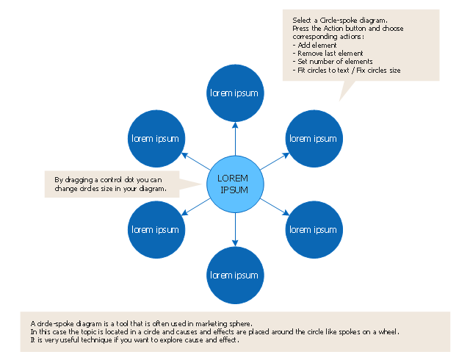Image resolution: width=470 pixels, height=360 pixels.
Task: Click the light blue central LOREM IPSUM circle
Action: click(x=234, y=184)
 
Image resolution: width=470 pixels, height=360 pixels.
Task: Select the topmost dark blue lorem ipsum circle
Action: click(x=234, y=93)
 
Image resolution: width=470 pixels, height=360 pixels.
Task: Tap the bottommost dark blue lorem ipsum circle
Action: click(x=234, y=276)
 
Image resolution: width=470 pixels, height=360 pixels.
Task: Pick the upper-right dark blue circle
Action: click(x=314, y=139)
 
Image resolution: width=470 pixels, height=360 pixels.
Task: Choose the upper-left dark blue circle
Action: click(x=156, y=139)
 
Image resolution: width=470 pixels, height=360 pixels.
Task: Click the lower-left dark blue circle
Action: click(x=156, y=229)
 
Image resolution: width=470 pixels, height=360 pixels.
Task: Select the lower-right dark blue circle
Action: click(x=314, y=229)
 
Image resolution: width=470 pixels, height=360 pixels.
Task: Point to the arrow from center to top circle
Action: click(x=234, y=138)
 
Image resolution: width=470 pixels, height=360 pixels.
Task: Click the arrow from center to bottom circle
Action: click(x=234, y=229)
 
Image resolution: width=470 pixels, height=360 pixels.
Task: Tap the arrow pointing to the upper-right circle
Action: click(x=274, y=161)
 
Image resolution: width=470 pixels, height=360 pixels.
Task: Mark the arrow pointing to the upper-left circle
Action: click(x=195, y=161)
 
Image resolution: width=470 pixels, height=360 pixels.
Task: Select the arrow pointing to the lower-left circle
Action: click(x=195, y=207)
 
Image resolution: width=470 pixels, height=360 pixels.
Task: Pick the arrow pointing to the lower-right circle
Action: click(x=274, y=207)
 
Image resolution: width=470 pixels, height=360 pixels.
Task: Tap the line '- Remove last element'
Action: click(x=328, y=54)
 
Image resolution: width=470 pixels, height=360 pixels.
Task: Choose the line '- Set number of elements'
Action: click(x=333, y=62)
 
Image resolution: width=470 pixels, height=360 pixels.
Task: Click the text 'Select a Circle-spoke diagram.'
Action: click(x=340, y=20)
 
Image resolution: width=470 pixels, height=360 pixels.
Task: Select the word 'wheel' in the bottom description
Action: click(x=386, y=331)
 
